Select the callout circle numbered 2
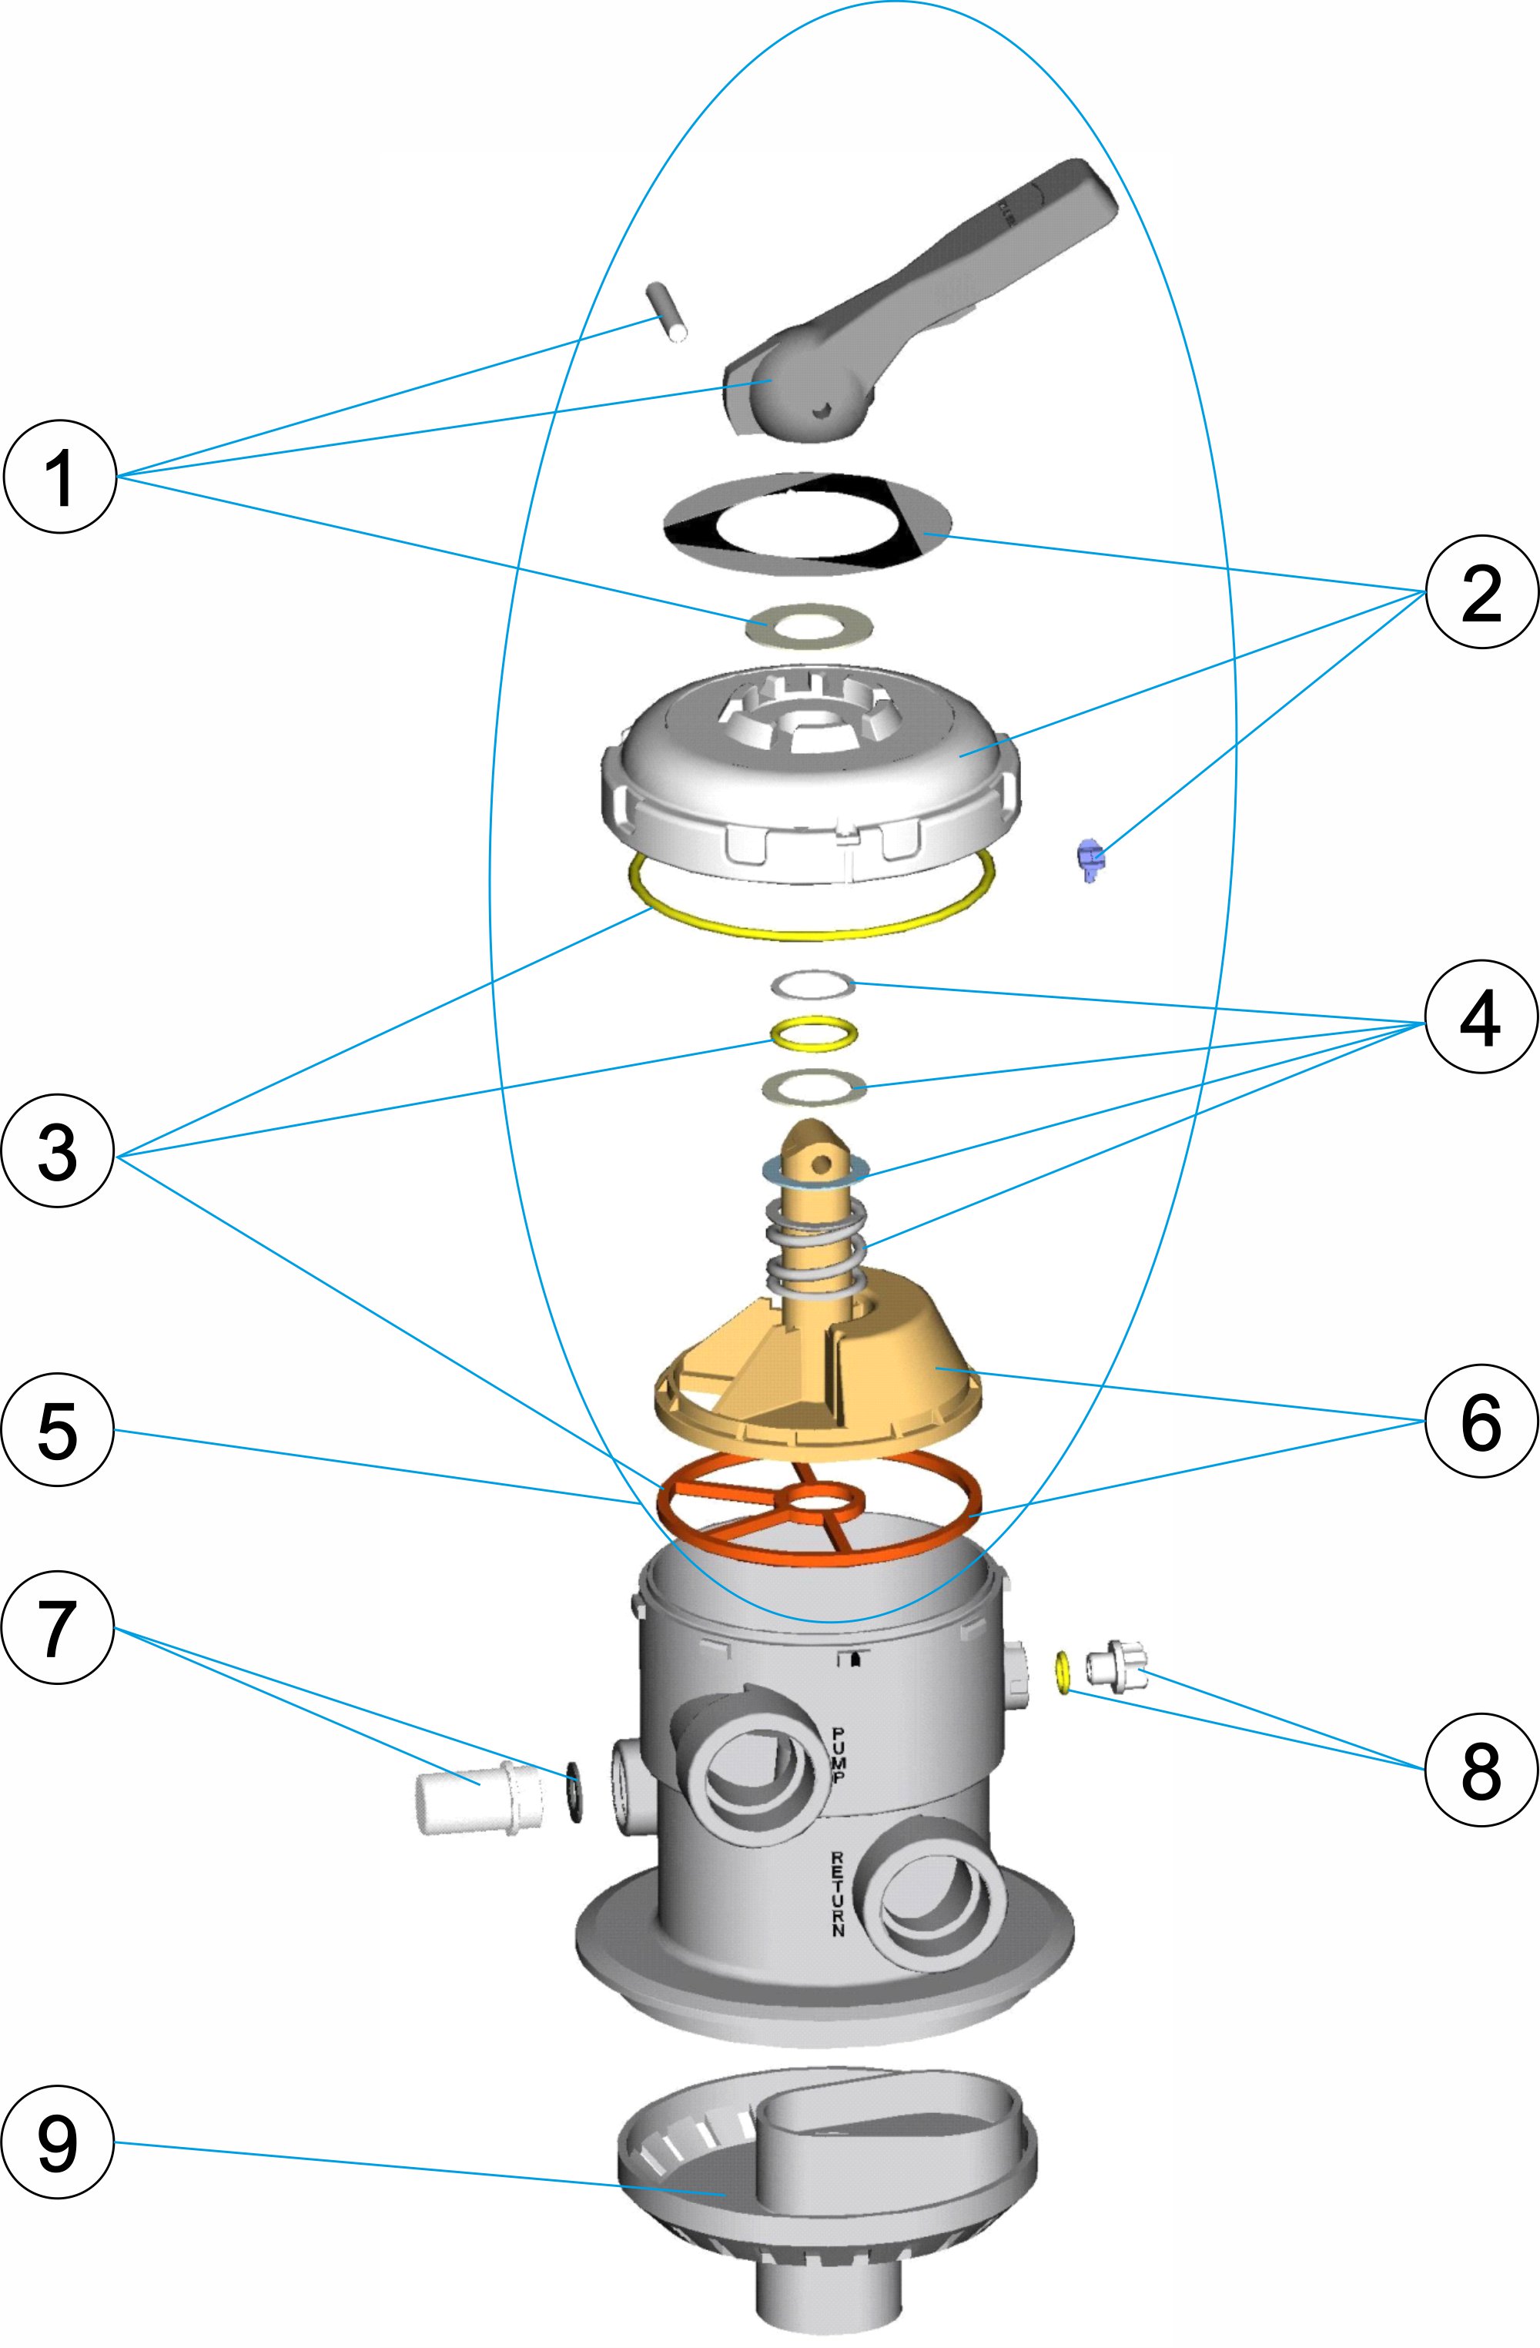tap(1480, 592)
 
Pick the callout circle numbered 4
tap(1480, 1017)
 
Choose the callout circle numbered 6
tap(1480, 1421)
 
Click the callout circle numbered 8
tap(1480, 1771)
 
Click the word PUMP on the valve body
tap(839, 1755)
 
